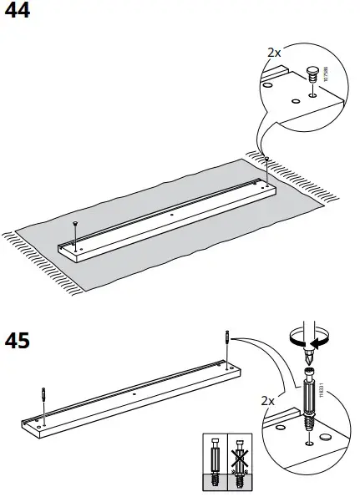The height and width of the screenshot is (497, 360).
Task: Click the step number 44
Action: (18, 11)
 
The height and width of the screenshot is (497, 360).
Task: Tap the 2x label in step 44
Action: (274, 52)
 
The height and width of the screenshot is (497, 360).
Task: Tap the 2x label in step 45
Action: (267, 401)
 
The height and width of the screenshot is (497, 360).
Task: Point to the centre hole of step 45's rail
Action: (134, 392)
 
